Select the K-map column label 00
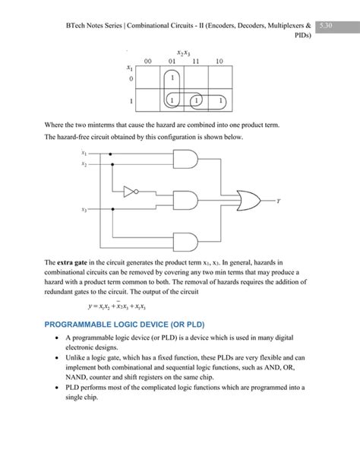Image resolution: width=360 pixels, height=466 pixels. point(148,61)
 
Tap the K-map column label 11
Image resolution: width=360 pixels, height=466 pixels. point(196,61)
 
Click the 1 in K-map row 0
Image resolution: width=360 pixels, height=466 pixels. point(172,78)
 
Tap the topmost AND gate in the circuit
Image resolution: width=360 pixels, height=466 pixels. point(186,158)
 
